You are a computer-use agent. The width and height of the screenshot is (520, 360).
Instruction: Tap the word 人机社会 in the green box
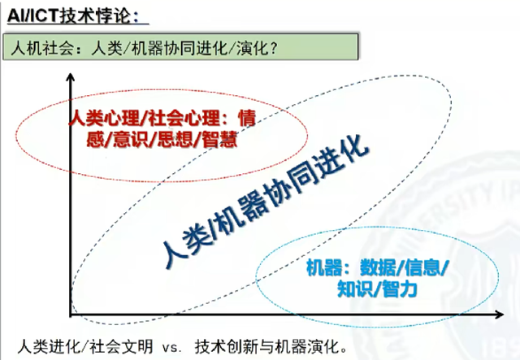(x=42, y=48)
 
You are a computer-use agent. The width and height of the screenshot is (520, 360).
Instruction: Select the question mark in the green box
(x=273, y=48)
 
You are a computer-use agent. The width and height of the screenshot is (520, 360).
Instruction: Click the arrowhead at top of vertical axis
(x=71, y=77)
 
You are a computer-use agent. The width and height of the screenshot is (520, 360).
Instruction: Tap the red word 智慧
(x=220, y=139)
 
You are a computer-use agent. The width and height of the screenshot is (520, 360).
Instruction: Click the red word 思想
(x=175, y=139)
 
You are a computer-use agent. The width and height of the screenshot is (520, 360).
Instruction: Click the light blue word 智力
(x=400, y=289)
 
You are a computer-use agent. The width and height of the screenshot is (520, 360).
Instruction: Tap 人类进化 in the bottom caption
(x=49, y=347)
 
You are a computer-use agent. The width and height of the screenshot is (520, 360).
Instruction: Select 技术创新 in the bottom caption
(x=226, y=347)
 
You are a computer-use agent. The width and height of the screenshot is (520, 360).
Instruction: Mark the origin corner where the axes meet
(x=71, y=314)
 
